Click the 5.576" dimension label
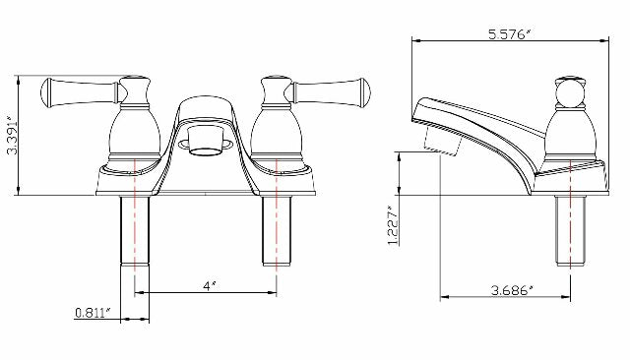(509, 33)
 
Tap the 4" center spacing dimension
(208, 285)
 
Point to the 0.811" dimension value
(92, 314)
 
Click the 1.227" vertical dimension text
(392, 226)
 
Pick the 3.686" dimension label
(511, 290)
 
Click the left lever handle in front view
(79, 93)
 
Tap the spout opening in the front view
(206, 150)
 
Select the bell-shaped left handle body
(133, 133)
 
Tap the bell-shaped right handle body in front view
(277, 133)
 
